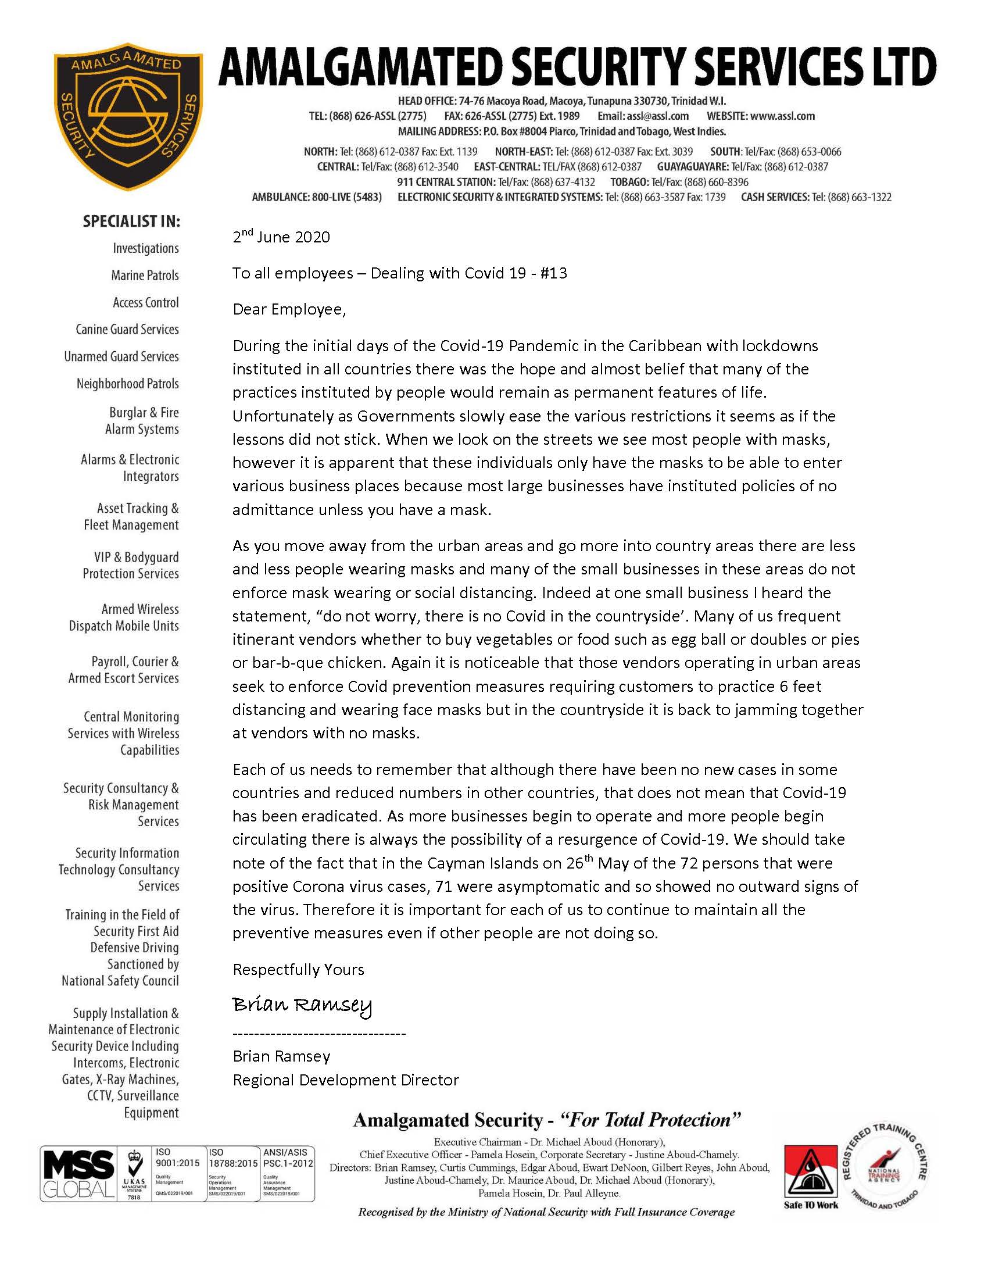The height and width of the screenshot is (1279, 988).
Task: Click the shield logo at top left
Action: click(128, 116)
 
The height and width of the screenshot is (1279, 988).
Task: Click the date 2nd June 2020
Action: click(281, 237)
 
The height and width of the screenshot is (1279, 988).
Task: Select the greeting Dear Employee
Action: click(289, 309)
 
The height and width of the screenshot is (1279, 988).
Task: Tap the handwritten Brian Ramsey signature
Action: click(302, 1005)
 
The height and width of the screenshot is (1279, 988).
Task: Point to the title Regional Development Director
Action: click(345, 1080)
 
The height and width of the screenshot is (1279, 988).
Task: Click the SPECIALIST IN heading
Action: click(132, 221)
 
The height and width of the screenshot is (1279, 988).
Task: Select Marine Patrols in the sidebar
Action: click(145, 275)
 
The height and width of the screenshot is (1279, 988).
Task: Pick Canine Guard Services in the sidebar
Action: click(127, 329)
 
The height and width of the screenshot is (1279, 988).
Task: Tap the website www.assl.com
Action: click(783, 116)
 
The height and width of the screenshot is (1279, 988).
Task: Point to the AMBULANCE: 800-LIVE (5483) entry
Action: click(317, 197)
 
